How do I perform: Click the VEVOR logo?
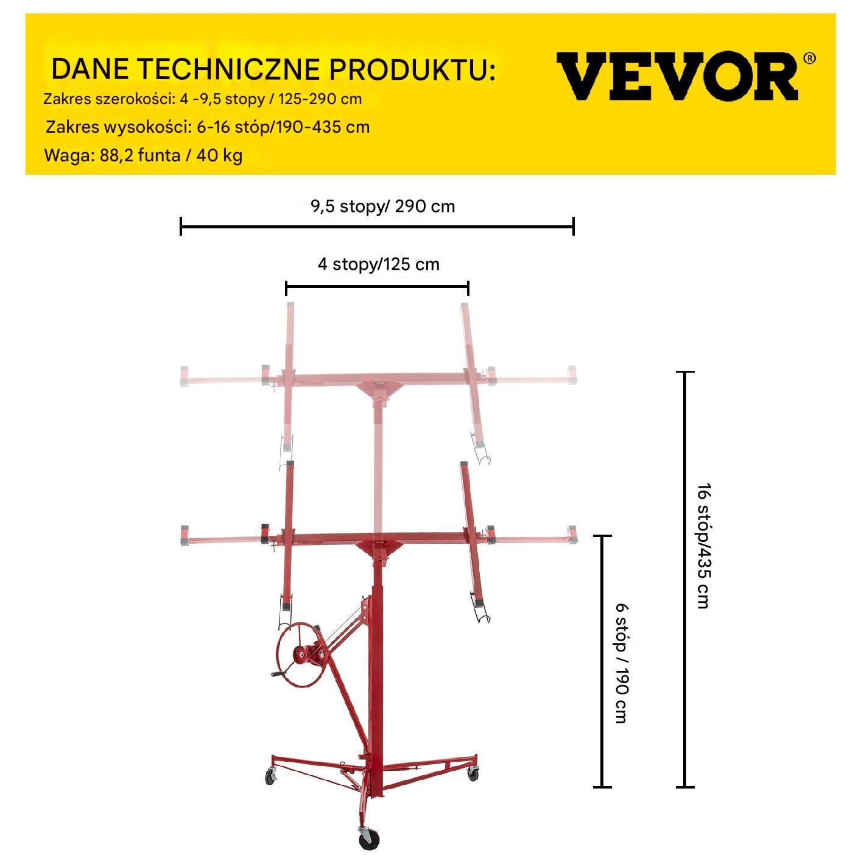point(677,76)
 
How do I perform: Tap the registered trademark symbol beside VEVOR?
point(809,58)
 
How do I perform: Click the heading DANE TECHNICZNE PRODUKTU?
point(273,69)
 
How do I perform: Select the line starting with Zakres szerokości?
point(202,99)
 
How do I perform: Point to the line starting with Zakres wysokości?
point(208,127)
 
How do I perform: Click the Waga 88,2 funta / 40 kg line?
point(144,155)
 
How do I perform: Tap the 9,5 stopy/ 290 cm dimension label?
point(383,206)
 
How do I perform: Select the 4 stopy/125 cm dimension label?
point(379,264)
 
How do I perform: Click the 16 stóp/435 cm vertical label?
point(704,546)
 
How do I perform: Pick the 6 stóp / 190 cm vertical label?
point(622,663)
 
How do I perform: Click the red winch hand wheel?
point(300,655)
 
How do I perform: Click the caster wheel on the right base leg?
point(473,773)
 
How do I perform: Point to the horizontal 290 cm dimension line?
point(377,227)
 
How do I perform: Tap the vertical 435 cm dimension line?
point(685,579)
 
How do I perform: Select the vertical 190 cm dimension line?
point(602,661)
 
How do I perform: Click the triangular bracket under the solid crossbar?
point(379,550)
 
